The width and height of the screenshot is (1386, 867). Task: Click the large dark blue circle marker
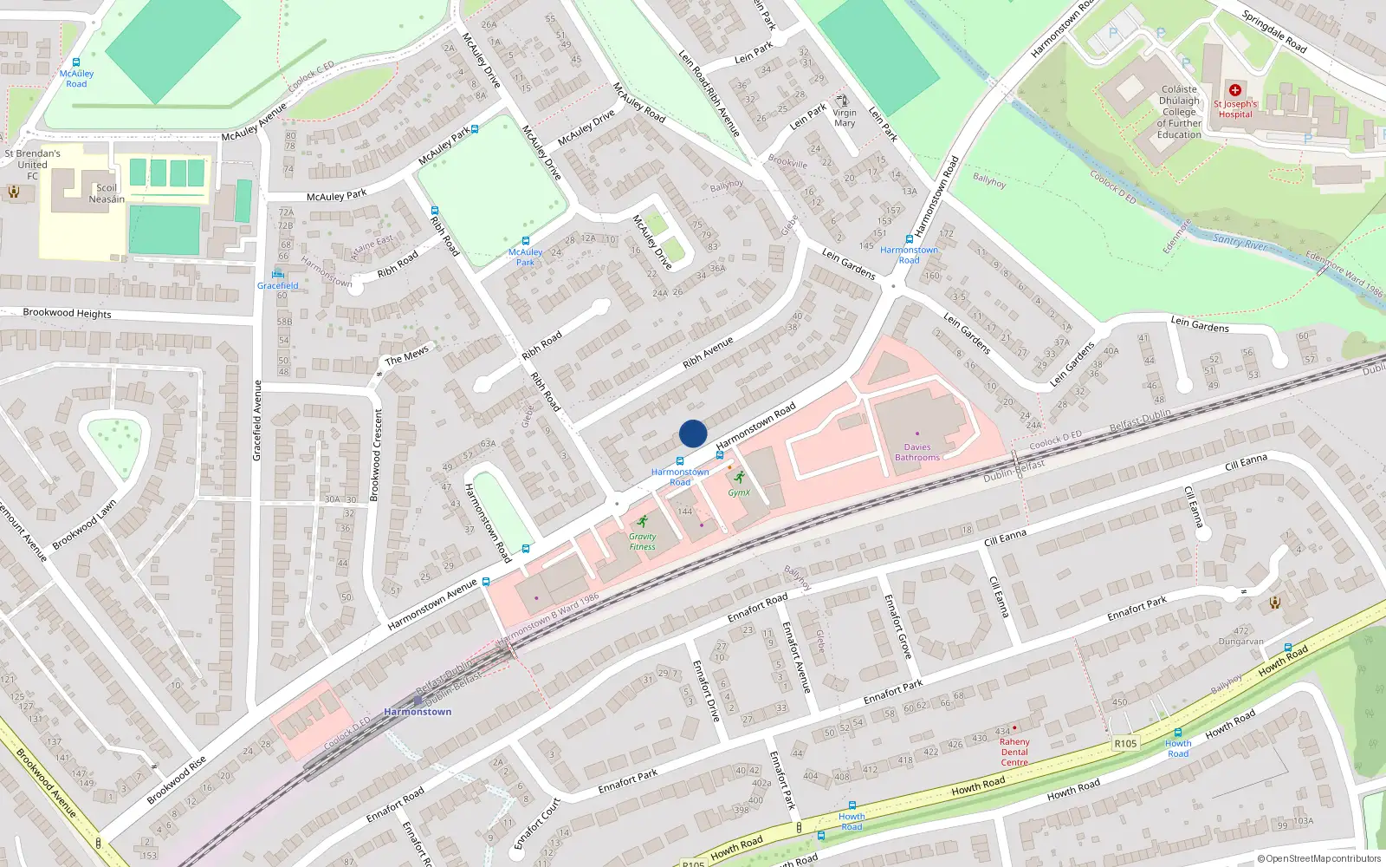693,433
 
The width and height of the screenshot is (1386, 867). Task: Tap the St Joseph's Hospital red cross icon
1235,90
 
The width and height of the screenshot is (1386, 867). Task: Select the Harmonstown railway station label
418,712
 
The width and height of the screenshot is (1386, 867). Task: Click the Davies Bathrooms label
917,453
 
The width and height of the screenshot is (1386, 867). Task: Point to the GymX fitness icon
739,477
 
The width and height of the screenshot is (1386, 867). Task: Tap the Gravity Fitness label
642,541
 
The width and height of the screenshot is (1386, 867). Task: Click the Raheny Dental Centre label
1014,752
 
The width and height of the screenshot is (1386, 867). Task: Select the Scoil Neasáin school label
107,193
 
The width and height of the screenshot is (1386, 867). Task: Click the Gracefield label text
278,285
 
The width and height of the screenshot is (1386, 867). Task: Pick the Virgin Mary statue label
845,118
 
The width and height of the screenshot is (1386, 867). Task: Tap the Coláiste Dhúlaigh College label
1179,112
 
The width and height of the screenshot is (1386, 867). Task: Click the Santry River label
1240,242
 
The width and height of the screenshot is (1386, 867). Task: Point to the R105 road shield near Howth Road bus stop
1125,744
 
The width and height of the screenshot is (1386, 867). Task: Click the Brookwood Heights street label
67,313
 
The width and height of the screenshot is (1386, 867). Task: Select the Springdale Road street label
1273,31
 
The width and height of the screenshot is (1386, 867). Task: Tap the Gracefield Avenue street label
256,420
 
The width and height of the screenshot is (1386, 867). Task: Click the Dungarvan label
1241,642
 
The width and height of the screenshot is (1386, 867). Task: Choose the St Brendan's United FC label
33,165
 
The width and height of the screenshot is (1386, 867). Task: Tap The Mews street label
406,355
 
